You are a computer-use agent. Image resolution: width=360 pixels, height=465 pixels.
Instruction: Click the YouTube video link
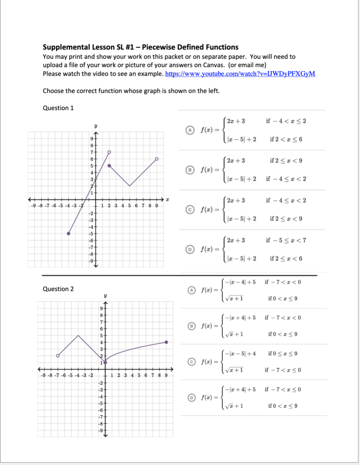[x=240, y=74]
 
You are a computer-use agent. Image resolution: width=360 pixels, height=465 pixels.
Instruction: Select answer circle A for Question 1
[x=190, y=130]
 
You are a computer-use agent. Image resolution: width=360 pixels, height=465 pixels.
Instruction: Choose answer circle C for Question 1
[x=190, y=209]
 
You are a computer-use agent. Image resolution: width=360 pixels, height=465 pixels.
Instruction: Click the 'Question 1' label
[x=58, y=108]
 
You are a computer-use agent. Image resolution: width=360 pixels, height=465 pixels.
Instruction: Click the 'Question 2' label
[x=58, y=289]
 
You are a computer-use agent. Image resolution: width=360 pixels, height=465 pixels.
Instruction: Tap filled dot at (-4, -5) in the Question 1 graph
[x=69, y=233]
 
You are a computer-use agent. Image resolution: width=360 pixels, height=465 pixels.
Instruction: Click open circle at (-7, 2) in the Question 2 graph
[x=58, y=356]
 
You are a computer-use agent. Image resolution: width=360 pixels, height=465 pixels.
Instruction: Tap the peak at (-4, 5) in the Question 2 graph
[x=78, y=335]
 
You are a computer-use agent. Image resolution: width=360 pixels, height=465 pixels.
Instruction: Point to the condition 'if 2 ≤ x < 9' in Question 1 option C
[x=286, y=218]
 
